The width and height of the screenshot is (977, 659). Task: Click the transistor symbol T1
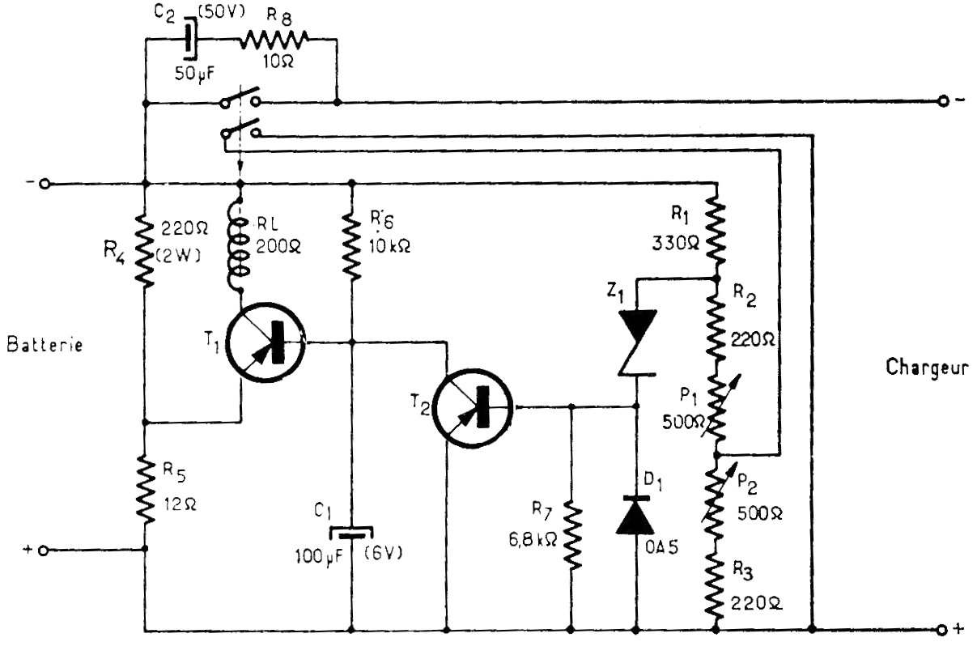pyautogui.click(x=265, y=342)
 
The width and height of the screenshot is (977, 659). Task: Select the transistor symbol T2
pyautogui.click(x=474, y=408)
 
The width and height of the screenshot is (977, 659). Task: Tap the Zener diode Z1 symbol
pyautogui.click(x=637, y=342)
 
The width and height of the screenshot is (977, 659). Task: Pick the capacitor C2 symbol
pyautogui.click(x=190, y=38)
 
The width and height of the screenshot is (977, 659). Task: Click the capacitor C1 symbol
pyautogui.click(x=351, y=534)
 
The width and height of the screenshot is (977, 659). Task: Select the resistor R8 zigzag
pyautogui.click(x=274, y=40)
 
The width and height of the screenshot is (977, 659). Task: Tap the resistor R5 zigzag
pyautogui.click(x=146, y=489)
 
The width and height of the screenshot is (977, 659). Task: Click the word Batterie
pyautogui.click(x=45, y=345)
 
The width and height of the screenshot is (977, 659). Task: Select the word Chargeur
pyautogui.click(x=927, y=368)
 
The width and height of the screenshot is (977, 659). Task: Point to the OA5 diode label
pyautogui.click(x=662, y=548)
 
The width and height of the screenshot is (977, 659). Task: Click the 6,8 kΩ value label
pyautogui.click(x=533, y=540)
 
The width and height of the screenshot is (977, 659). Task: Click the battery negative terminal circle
pyautogui.click(x=45, y=184)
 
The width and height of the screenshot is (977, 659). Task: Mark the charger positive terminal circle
pyautogui.click(x=942, y=630)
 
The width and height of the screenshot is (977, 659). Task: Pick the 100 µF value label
pyautogui.click(x=319, y=557)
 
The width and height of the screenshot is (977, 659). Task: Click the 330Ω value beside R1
pyautogui.click(x=676, y=243)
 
